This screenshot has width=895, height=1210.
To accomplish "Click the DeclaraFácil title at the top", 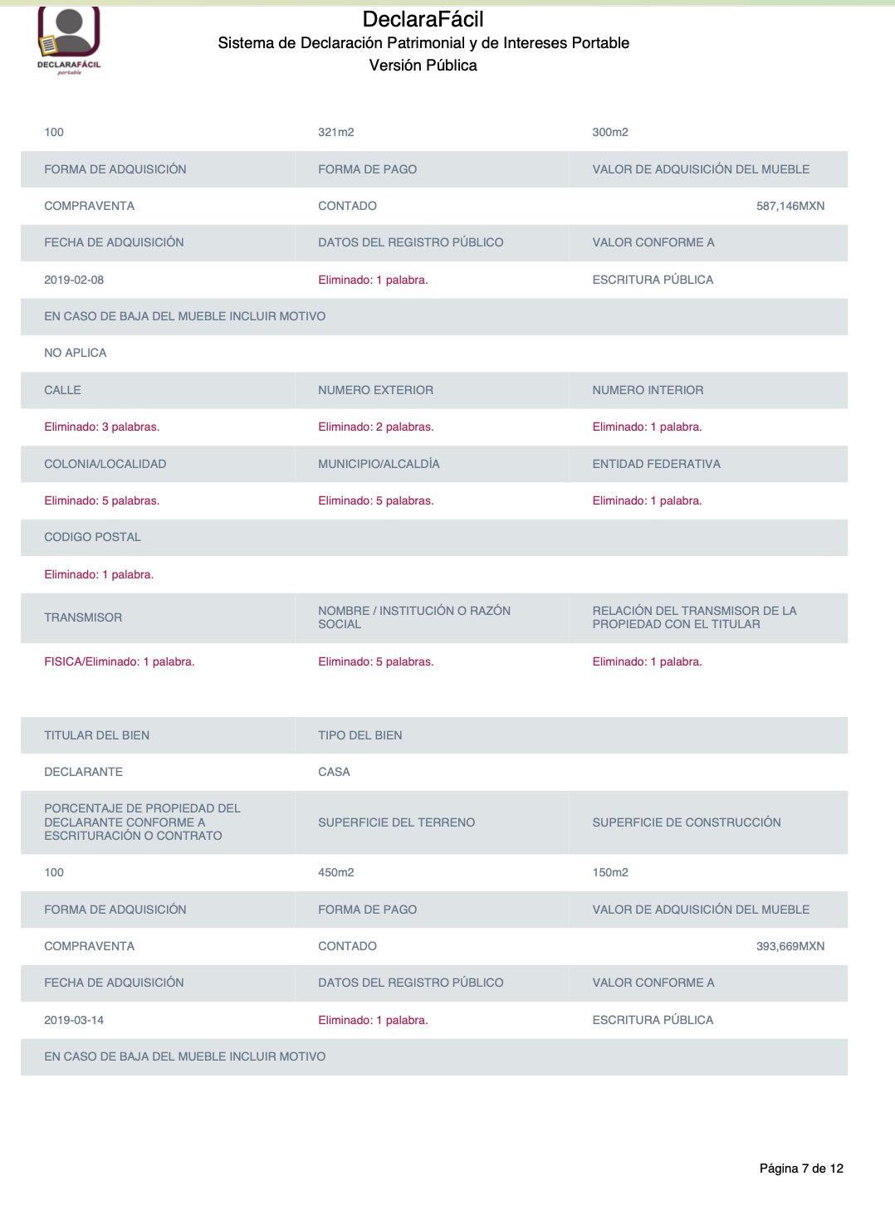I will pyautogui.click(x=423, y=19).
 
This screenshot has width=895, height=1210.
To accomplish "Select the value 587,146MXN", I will pyautogui.click(x=790, y=206).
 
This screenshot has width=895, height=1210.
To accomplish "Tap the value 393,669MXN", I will pyautogui.click(x=790, y=946).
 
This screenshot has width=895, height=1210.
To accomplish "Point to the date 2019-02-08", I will pyautogui.click(x=74, y=280).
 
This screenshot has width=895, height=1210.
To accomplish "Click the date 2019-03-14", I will pyautogui.click(x=74, y=1020).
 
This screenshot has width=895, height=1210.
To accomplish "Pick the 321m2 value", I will pyautogui.click(x=335, y=132).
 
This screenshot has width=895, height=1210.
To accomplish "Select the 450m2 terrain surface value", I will pyautogui.click(x=335, y=872).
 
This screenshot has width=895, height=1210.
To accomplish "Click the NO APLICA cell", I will pyautogui.click(x=76, y=353).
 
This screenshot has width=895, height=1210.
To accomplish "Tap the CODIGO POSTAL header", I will pyautogui.click(x=92, y=537).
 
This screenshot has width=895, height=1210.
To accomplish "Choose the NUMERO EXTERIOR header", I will pyautogui.click(x=375, y=390).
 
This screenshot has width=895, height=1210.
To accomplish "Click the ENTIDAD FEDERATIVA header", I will pyautogui.click(x=656, y=464).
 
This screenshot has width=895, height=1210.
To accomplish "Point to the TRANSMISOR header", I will pyautogui.click(x=83, y=617).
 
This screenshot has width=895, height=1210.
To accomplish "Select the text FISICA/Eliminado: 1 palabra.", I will pyautogui.click(x=119, y=661).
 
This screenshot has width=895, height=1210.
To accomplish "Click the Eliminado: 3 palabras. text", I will pyautogui.click(x=101, y=427).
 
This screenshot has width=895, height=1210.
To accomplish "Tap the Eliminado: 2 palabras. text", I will pyautogui.click(x=375, y=427).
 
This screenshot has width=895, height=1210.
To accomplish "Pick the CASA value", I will pyautogui.click(x=334, y=772).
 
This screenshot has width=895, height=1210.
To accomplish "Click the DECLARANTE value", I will pyautogui.click(x=83, y=772).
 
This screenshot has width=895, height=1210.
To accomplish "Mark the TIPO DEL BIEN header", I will pyautogui.click(x=359, y=735).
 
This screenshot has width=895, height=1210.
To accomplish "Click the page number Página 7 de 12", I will pyautogui.click(x=801, y=1169).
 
